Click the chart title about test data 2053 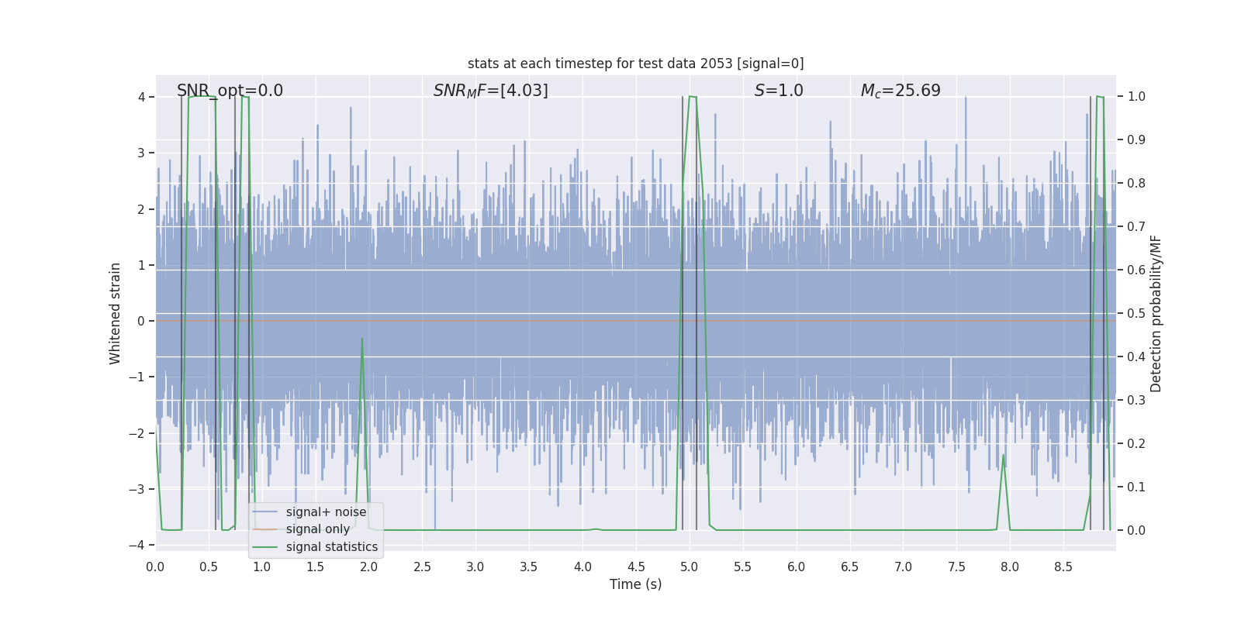(x=635, y=64)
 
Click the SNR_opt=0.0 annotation (x=230, y=91)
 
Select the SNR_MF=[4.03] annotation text (x=490, y=91)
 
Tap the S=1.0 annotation (x=779, y=91)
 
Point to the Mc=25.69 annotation (x=901, y=91)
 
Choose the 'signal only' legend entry (x=318, y=529)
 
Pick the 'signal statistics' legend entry (x=332, y=547)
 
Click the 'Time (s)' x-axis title (x=635, y=584)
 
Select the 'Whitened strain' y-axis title (x=116, y=313)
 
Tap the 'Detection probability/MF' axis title (x=1156, y=313)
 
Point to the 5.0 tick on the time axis (x=689, y=567)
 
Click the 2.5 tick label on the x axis (x=422, y=567)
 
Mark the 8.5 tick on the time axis (x=1063, y=567)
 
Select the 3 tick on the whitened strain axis (x=141, y=153)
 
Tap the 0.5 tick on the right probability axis (x=1136, y=313)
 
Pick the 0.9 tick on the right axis (x=1136, y=139)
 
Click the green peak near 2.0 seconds (x=362, y=339)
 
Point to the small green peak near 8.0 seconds (x=1003, y=455)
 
